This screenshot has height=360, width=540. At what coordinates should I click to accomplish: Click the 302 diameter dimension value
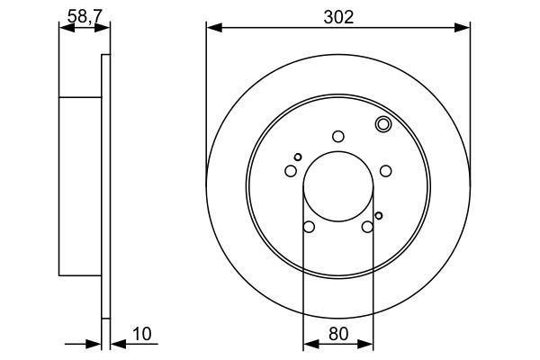[337, 15]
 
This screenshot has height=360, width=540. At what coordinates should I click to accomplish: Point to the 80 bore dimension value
[337, 335]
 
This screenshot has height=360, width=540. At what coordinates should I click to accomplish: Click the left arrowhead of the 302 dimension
[212, 28]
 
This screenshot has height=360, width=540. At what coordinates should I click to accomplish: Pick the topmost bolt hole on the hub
[338, 136]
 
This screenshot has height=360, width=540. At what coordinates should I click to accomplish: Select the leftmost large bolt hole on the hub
[291, 171]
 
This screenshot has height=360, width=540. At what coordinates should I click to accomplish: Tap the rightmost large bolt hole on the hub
[385, 171]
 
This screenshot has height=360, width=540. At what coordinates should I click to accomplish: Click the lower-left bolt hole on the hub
[309, 227]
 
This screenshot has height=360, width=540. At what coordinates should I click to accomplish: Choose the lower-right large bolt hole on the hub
[367, 227]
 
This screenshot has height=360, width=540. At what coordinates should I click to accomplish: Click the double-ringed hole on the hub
[382, 125]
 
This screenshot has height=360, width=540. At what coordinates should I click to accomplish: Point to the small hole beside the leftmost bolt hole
[298, 157]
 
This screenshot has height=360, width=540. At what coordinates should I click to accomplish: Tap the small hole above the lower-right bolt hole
[379, 214]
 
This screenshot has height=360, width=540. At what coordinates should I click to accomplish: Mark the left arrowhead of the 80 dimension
[307, 343]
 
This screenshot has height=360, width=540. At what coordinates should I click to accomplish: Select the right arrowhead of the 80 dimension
[368, 343]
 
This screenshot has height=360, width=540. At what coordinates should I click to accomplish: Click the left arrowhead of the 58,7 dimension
[63, 28]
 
